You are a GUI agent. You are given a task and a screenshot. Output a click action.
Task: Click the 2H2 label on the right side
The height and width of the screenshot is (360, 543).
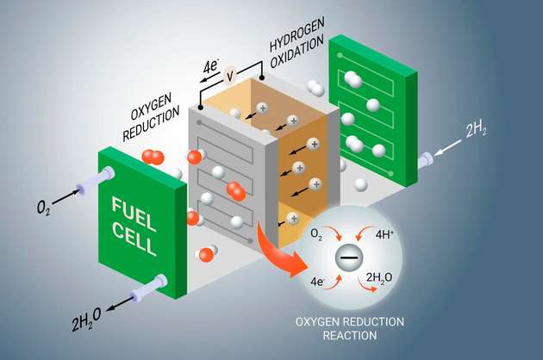479,131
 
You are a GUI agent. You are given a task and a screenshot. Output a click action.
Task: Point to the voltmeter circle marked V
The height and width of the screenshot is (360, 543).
229,76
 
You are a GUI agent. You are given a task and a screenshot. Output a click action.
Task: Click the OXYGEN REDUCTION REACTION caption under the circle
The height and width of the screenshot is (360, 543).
351,327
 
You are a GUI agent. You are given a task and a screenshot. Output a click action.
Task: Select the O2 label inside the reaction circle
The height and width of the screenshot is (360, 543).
316,234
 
